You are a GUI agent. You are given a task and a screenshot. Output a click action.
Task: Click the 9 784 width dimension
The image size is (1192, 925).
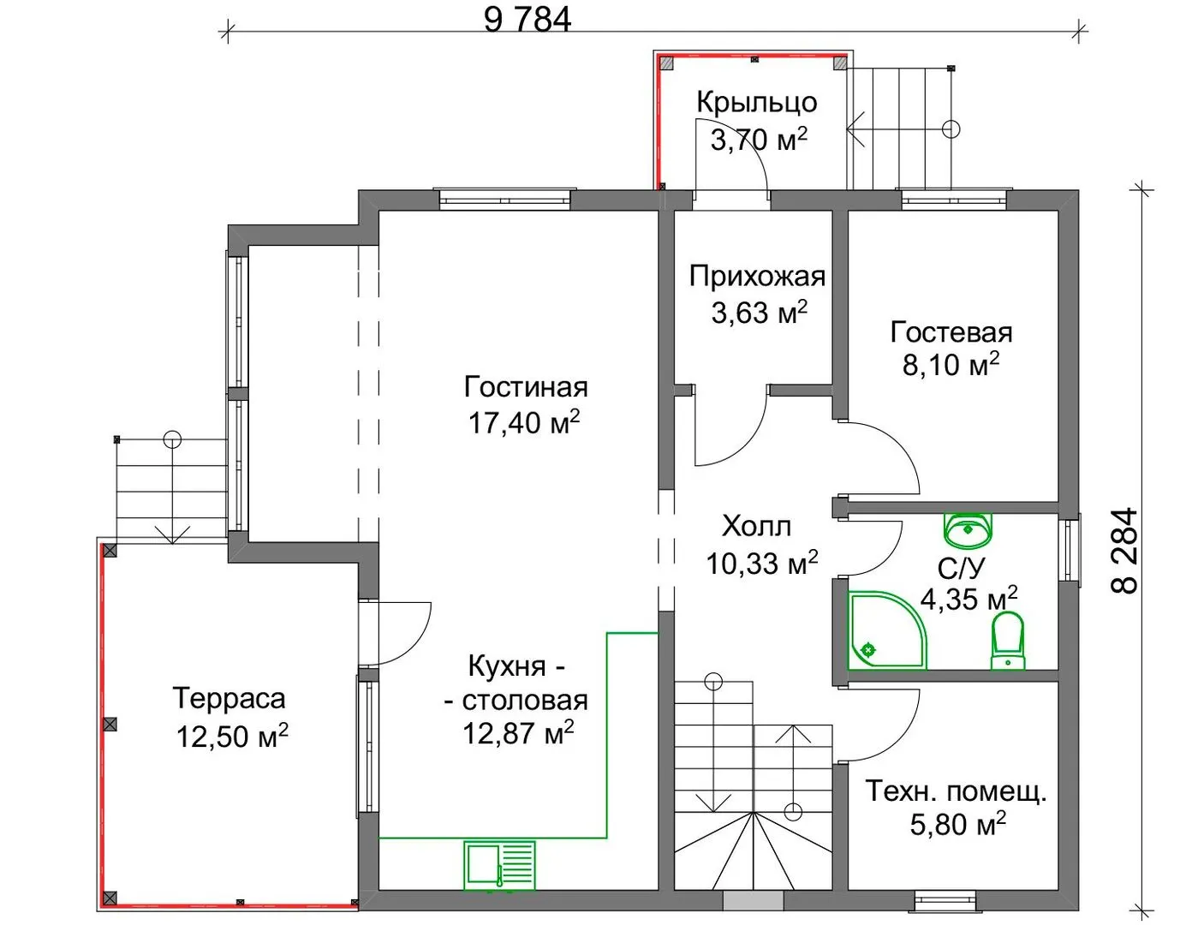coord(527,21)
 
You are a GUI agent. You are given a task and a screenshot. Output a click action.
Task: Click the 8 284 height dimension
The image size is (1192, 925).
coord(1124,550)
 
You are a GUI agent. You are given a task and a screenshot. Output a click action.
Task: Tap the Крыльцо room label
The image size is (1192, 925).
coord(756,103)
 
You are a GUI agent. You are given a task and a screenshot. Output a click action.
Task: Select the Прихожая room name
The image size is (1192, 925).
coord(757,276)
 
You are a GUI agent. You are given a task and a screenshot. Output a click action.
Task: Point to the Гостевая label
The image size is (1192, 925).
coord(951,332)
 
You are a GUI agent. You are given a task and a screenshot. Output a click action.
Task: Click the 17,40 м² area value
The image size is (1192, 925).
coord(524,421)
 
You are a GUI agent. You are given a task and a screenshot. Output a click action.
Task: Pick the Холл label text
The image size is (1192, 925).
coord(756,526)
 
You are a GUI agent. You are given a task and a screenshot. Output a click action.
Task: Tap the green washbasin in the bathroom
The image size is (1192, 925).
coord(968,530)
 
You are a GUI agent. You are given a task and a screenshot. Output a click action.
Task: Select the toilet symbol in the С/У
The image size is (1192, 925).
coord(1008,641)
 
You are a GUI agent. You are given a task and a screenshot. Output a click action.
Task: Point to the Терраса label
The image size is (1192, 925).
coord(229,698)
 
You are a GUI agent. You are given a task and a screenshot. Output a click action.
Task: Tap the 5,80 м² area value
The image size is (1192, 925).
coord(958,824)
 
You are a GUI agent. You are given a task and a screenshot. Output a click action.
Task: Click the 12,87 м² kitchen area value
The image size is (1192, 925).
coord(518,732)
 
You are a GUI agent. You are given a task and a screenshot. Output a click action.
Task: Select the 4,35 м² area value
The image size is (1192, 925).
coord(968,599)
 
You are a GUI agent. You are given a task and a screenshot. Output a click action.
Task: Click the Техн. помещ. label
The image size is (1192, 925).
coord(957,791)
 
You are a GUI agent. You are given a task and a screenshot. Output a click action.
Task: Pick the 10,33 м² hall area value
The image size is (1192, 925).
coord(762,563)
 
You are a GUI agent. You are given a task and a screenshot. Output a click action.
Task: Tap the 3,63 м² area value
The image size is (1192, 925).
coord(760,313)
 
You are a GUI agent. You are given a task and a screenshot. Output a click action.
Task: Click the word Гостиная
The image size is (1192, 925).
coord(526,387)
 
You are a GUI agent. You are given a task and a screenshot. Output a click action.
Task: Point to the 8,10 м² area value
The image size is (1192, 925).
coord(951,365)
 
